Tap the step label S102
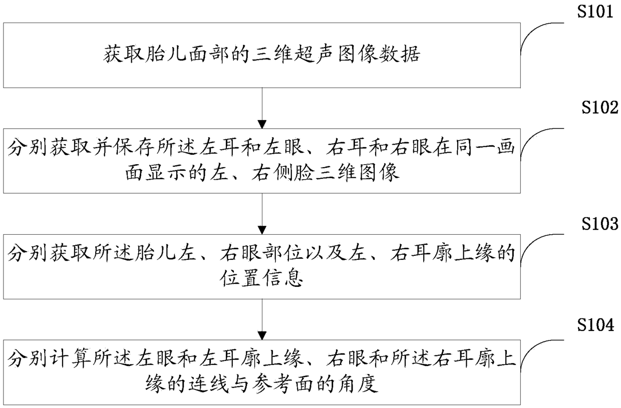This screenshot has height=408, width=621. point(599,107)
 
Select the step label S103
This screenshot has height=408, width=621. point(599,224)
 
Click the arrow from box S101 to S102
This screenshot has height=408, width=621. point(262,108)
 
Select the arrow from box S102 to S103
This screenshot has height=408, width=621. point(262,214)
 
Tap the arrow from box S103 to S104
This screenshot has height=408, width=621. point(262,319)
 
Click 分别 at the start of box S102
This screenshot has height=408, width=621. point(27,148)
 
